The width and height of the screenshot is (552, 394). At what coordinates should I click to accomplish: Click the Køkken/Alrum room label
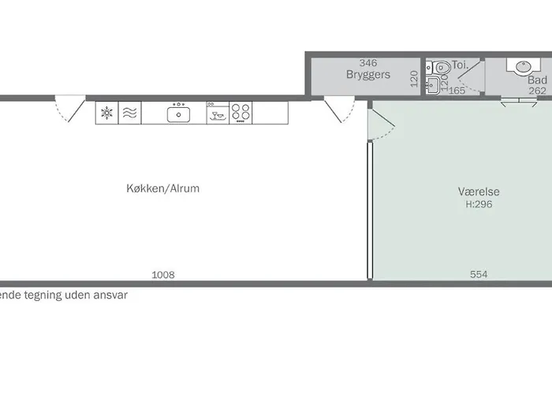(163, 188)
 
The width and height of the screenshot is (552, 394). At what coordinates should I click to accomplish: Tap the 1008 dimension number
(163, 275)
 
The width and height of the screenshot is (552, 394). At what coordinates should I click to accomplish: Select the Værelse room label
(479, 191)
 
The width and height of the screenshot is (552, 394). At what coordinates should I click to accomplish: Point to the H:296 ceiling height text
(479, 204)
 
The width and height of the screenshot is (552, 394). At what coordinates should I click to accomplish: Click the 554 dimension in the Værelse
(479, 274)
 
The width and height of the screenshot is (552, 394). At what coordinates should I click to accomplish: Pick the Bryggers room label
(368, 75)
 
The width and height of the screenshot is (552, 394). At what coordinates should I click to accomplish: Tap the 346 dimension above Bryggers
(368, 63)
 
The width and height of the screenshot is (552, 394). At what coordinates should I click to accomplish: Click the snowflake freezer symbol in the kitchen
(106, 113)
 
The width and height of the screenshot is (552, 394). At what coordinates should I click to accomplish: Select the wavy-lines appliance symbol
(129, 113)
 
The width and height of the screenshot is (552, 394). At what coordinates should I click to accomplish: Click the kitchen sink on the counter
(178, 114)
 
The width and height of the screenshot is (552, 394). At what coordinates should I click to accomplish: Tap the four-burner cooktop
(241, 112)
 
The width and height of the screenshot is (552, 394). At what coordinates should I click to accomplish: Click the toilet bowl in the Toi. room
(442, 67)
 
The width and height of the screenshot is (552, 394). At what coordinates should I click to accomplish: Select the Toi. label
(460, 65)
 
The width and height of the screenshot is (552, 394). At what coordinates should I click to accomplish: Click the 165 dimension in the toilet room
(457, 91)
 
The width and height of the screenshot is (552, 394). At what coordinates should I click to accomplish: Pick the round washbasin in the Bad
(524, 67)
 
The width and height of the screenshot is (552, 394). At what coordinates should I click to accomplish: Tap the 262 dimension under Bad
(538, 91)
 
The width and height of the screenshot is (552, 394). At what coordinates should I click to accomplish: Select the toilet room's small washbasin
(432, 85)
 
